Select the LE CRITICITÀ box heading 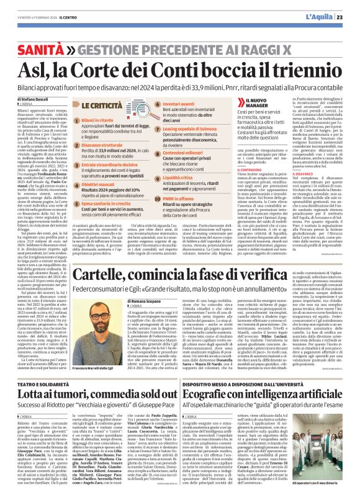point(105,107)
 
